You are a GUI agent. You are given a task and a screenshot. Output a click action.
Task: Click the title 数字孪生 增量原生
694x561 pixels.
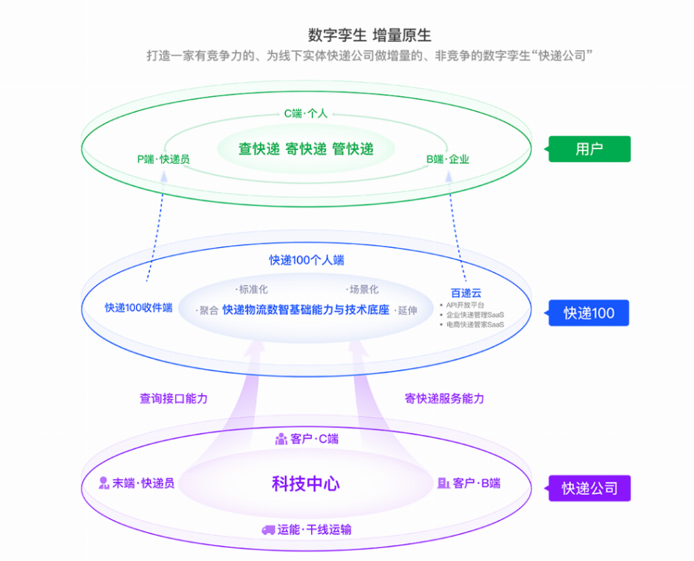coord(369,35)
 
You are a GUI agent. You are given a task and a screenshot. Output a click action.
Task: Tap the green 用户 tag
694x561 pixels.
coord(589,149)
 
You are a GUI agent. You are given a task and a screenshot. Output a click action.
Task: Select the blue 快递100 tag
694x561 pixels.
coord(589,313)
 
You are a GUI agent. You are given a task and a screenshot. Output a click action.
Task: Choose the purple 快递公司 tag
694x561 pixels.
coord(589,488)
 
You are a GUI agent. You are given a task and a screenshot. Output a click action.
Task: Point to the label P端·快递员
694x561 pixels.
coord(163,160)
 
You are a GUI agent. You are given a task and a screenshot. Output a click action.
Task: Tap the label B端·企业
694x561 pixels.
coord(447,160)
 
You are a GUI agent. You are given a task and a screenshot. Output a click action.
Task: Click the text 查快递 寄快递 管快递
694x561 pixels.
coord(306,149)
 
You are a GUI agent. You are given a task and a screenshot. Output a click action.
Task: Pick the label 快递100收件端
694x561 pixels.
coord(138,308)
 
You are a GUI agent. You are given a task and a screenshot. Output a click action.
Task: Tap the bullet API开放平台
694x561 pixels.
coord(465,305)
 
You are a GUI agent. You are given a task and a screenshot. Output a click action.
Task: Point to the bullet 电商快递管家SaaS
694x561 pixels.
coord(474,325)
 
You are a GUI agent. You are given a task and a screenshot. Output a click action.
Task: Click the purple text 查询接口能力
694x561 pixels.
coord(173,398)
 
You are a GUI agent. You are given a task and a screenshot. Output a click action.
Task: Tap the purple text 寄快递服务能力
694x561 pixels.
coord(445,398)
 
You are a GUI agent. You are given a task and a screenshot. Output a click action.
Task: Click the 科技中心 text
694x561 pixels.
coord(306,484)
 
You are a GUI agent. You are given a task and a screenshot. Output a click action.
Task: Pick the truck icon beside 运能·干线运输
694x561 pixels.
coord(268,530)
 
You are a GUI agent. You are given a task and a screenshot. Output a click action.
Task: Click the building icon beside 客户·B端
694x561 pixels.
coord(444,483)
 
